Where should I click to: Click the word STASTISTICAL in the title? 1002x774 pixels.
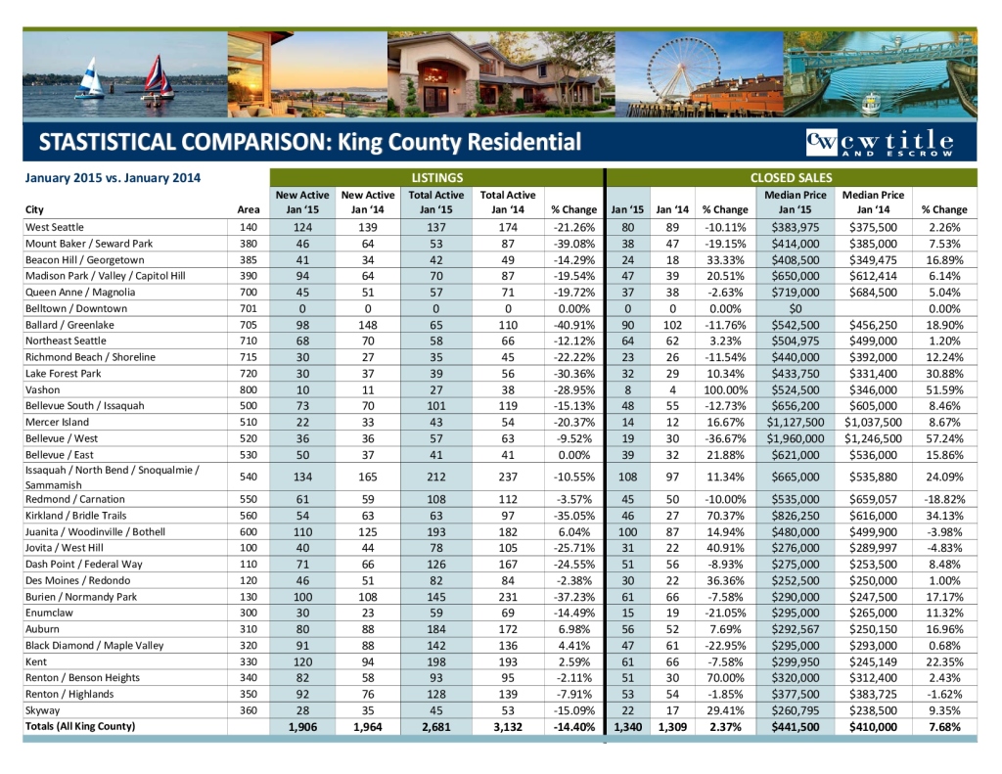(x=108, y=142)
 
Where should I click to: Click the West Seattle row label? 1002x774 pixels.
(x=55, y=227)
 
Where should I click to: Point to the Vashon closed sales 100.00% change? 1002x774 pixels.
(x=725, y=389)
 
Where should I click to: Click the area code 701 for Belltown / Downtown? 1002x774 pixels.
(x=248, y=308)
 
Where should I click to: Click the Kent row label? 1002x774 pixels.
(x=35, y=661)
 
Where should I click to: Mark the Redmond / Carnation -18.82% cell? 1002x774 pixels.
(x=943, y=499)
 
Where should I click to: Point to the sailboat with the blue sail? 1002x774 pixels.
(x=91, y=76)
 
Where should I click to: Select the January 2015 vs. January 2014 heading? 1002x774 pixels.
(x=113, y=178)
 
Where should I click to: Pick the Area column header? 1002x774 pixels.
(x=249, y=209)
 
